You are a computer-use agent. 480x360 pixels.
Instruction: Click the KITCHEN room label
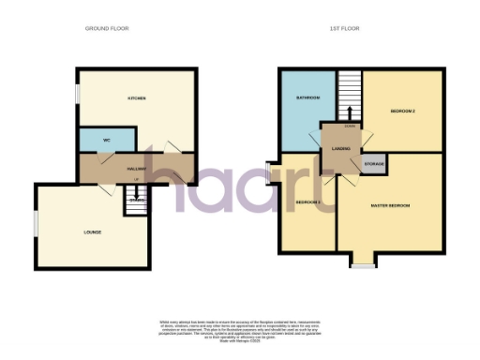[137, 97]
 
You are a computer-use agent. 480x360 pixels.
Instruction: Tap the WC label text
[107, 141]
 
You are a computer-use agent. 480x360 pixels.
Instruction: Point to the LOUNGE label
[92, 232]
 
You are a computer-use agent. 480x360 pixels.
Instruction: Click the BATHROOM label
[308, 97]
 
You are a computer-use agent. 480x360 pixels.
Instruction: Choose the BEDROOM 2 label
[402, 112]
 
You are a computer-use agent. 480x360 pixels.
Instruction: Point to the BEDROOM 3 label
[307, 202]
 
